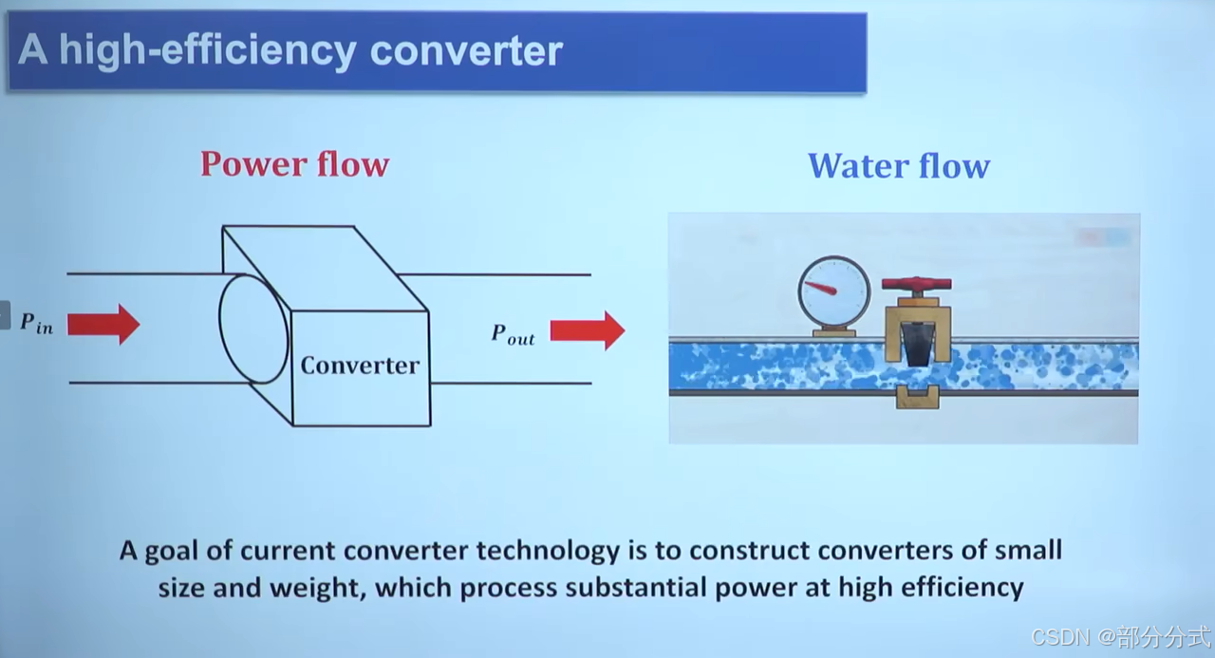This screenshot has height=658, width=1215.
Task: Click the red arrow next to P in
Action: [x=103, y=325]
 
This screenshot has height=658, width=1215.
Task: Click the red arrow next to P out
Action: [x=587, y=330]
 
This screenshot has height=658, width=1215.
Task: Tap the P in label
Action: [x=36, y=323]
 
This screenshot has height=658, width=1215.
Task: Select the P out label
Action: [x=513, y=334]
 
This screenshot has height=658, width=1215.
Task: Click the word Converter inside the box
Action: [x=360, y=366]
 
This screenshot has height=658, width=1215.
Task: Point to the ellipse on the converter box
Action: [x=253, y=329]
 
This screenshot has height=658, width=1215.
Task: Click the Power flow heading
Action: [x=294, y=164]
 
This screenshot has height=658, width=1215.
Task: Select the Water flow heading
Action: [x=898, y=166]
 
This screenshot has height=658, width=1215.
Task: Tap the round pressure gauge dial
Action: [x=833, y=291]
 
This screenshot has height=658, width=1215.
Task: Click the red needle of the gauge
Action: [x=821, y=287]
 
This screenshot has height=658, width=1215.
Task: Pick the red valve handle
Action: [x=916, y=284]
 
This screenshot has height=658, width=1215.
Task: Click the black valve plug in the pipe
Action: [x=917, y=344]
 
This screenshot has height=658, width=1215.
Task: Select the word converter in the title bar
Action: [x=466, y=50]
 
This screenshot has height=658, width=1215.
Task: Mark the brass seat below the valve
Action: [x=917, y=397]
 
